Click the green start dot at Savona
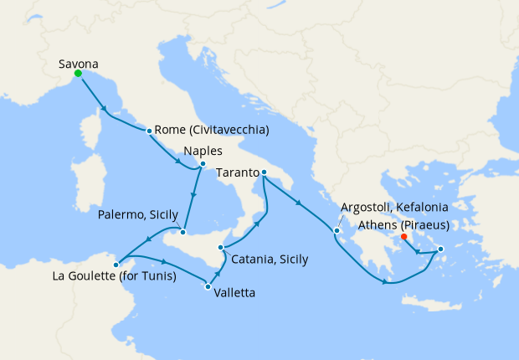78,74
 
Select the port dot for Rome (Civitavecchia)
149,131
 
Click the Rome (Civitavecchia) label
212,131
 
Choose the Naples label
203,153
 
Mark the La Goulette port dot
116,265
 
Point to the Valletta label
234,293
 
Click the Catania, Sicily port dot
220,247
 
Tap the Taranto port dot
263,173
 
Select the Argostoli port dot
337,231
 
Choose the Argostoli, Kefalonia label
394,207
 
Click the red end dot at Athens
404,237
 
